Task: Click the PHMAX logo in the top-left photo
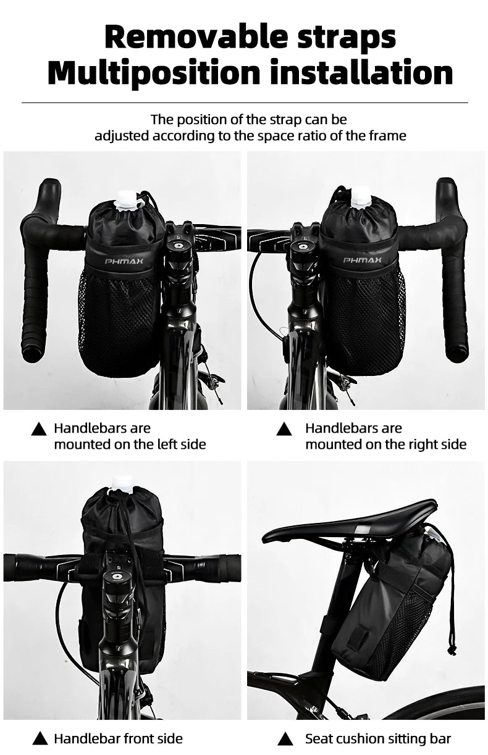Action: pos(119,261)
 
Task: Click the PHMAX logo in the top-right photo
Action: pos(363,260)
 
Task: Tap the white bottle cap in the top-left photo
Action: pos(127,199)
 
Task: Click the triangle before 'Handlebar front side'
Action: pos(40,739)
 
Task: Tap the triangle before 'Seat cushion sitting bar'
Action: pos(285,739)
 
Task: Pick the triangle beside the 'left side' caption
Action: pos(39,429)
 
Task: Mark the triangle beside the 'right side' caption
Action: pos(284,429)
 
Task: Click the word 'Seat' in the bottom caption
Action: pos(319,739)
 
